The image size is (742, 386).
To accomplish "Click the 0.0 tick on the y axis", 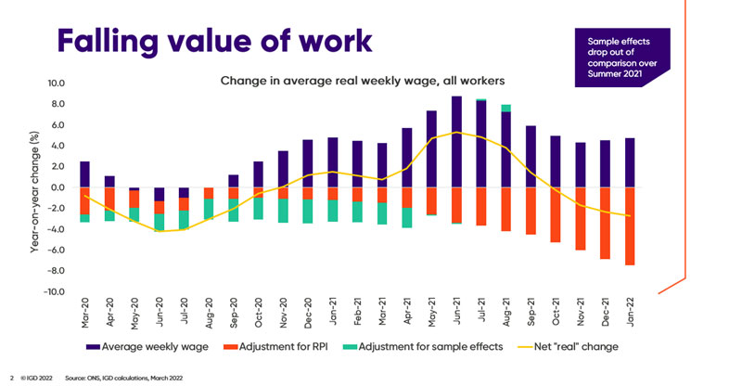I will [56, 187].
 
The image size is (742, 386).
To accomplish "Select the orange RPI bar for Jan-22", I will [630, 226].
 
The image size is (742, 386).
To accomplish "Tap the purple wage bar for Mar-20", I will [85, 174].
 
